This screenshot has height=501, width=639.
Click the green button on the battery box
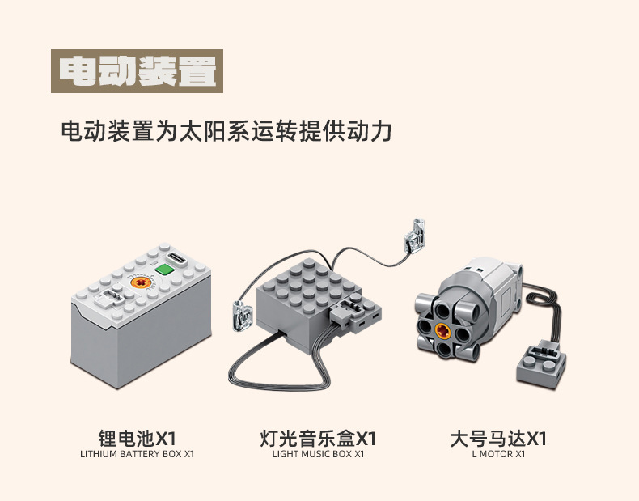(167, 270)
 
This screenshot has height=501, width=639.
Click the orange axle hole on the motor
(442, 329)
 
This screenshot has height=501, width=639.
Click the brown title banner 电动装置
(137, 72)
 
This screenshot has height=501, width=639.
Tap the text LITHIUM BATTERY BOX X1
(137, 455)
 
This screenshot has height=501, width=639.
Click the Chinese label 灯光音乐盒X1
(318, 439)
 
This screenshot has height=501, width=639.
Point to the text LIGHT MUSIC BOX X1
(318, 455)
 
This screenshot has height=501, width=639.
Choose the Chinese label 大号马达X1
(498, 439)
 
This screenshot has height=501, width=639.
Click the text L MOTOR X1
(498, 455)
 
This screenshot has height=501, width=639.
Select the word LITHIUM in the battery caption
(96, 455)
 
